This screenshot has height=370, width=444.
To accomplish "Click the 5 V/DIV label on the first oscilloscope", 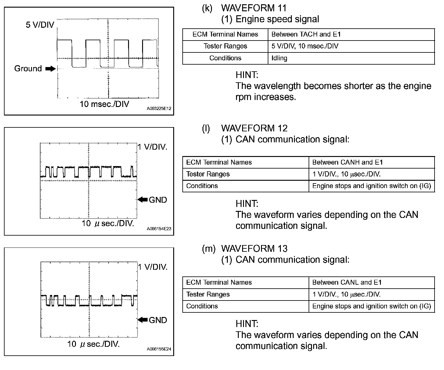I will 40,25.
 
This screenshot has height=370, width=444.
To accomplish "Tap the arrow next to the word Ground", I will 51,69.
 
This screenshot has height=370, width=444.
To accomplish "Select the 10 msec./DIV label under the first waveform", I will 104,104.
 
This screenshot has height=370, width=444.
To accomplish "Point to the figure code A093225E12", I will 159,108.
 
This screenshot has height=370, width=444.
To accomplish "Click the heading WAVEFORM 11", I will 254,8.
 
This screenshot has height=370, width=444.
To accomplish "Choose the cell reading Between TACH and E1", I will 306,34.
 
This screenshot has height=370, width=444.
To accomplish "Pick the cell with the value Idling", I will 279,58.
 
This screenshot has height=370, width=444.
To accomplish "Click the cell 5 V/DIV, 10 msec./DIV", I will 305,46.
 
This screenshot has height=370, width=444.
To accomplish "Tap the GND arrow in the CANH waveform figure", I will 143,200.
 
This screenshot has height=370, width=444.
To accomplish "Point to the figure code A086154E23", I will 159,228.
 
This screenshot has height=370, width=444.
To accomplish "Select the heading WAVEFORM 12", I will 254,128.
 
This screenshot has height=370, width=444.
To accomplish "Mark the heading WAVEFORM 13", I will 254,249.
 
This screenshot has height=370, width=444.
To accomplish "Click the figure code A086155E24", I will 159,349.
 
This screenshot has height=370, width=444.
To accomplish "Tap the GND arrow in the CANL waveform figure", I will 143,320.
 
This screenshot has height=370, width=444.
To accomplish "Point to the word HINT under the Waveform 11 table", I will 247,75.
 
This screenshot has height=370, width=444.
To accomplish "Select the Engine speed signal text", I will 277,19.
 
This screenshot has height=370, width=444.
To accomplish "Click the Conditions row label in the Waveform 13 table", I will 202,306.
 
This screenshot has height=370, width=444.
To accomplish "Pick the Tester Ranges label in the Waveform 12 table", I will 208,174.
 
